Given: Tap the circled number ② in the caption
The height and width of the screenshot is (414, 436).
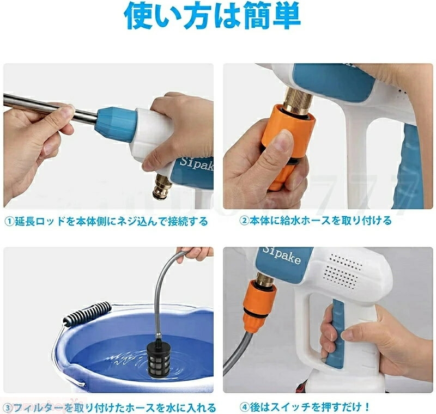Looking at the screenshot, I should click(x=245, y=221).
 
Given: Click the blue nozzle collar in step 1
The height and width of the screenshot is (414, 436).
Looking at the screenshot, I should click(x=114, y=123).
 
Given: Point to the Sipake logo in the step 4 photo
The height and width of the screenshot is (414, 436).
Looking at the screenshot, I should click(x=281, y=257).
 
